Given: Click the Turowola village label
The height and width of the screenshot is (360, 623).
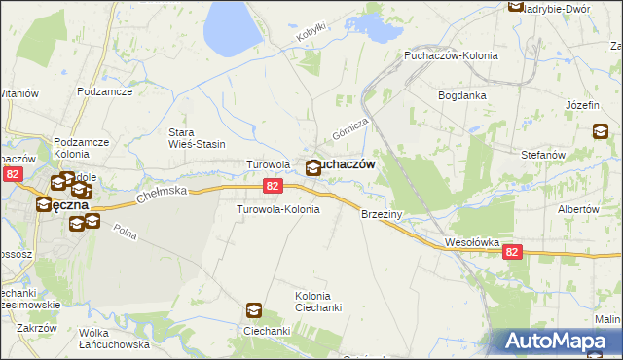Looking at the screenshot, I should click(268, 164).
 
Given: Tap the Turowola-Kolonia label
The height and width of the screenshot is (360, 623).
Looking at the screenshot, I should click(278, 209).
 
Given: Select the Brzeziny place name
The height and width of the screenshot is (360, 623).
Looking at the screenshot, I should click(382, 213).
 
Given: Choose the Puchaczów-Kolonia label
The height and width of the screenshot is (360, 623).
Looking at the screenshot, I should click(451, 55).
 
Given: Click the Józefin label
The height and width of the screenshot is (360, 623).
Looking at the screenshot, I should click(581, 104).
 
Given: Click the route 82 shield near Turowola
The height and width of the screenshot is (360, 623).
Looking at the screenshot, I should click(274, 185).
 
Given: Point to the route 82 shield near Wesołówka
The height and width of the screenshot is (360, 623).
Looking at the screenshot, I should click(513, 251).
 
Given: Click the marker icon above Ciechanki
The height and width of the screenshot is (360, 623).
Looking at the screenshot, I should click(254, 310).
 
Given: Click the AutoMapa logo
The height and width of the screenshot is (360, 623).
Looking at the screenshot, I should click(553, 342).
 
